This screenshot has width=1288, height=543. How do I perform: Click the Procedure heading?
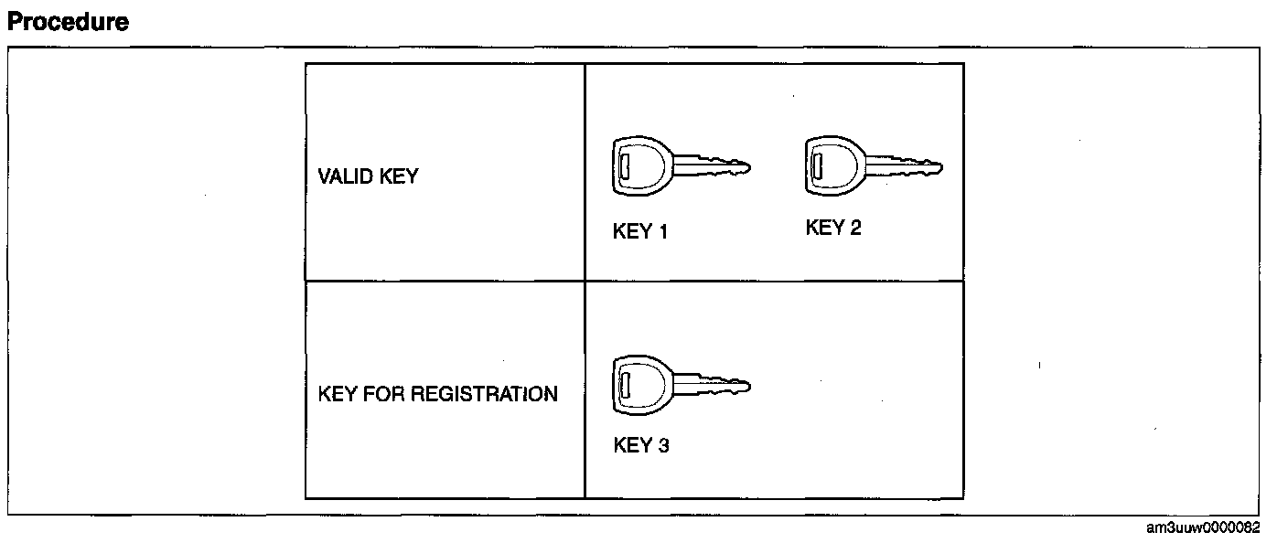tap(68, 22)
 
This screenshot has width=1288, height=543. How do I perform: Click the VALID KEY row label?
tap(368, 176)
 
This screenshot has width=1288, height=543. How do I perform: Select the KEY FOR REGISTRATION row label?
tap(437, 394)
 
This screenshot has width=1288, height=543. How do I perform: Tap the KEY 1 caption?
tap(639, 232)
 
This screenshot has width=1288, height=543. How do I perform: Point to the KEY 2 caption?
tap(833, 228)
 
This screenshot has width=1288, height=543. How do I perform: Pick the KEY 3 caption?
tap(641, 446)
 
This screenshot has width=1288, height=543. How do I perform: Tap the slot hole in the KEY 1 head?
tap(623, 166)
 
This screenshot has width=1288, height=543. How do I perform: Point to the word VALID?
tap(345, 176)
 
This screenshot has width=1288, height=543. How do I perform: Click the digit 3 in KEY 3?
tap(662, 446)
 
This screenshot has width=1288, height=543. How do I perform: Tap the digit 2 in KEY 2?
tap(854, 228)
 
